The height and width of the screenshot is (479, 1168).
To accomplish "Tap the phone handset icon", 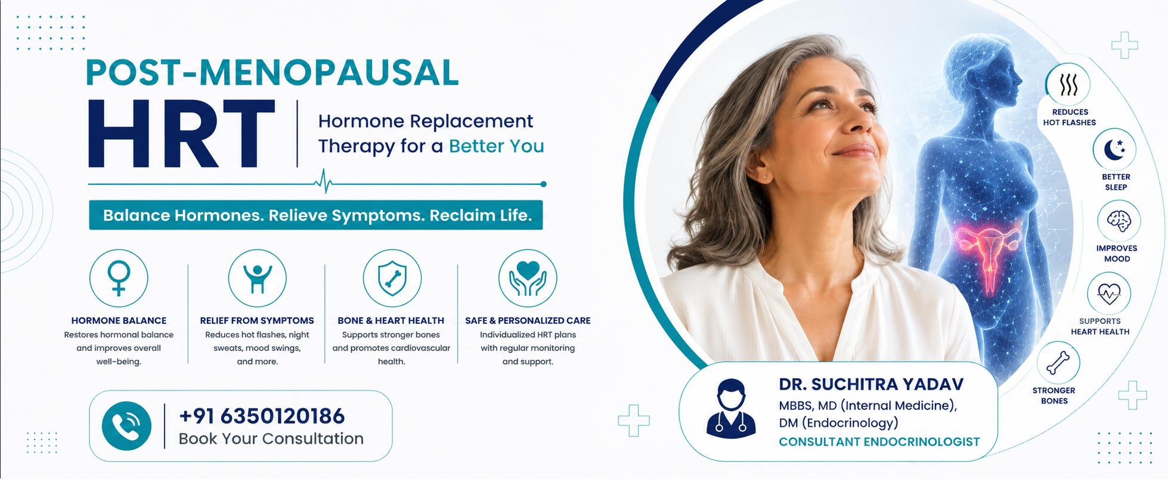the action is (126, 426).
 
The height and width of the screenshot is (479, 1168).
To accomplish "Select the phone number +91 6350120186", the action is (262, 416).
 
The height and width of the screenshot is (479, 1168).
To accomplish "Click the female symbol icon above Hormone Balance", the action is (119, 278).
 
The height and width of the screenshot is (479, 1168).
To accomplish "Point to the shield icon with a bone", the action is (392, 279).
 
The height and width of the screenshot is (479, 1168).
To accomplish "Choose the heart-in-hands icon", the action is (528, 279).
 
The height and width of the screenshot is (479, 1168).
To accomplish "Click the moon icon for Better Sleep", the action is (1114, 150).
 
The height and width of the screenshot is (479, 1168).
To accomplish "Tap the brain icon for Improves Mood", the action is (1119, 221).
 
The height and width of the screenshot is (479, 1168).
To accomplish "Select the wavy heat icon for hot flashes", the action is (1068, 85).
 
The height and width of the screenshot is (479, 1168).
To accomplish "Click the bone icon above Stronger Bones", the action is (1058, 363).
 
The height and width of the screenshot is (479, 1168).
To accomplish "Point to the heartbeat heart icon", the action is (1109, 293).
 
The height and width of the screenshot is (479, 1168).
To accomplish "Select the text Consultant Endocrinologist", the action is (879, 442).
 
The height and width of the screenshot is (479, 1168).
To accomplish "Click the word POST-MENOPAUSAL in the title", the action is (272, 73).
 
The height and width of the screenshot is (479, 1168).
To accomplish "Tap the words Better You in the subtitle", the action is (497, 146).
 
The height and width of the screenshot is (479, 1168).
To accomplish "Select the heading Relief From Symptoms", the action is (257, 320).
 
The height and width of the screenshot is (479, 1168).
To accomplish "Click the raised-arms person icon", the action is (258, 279).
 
